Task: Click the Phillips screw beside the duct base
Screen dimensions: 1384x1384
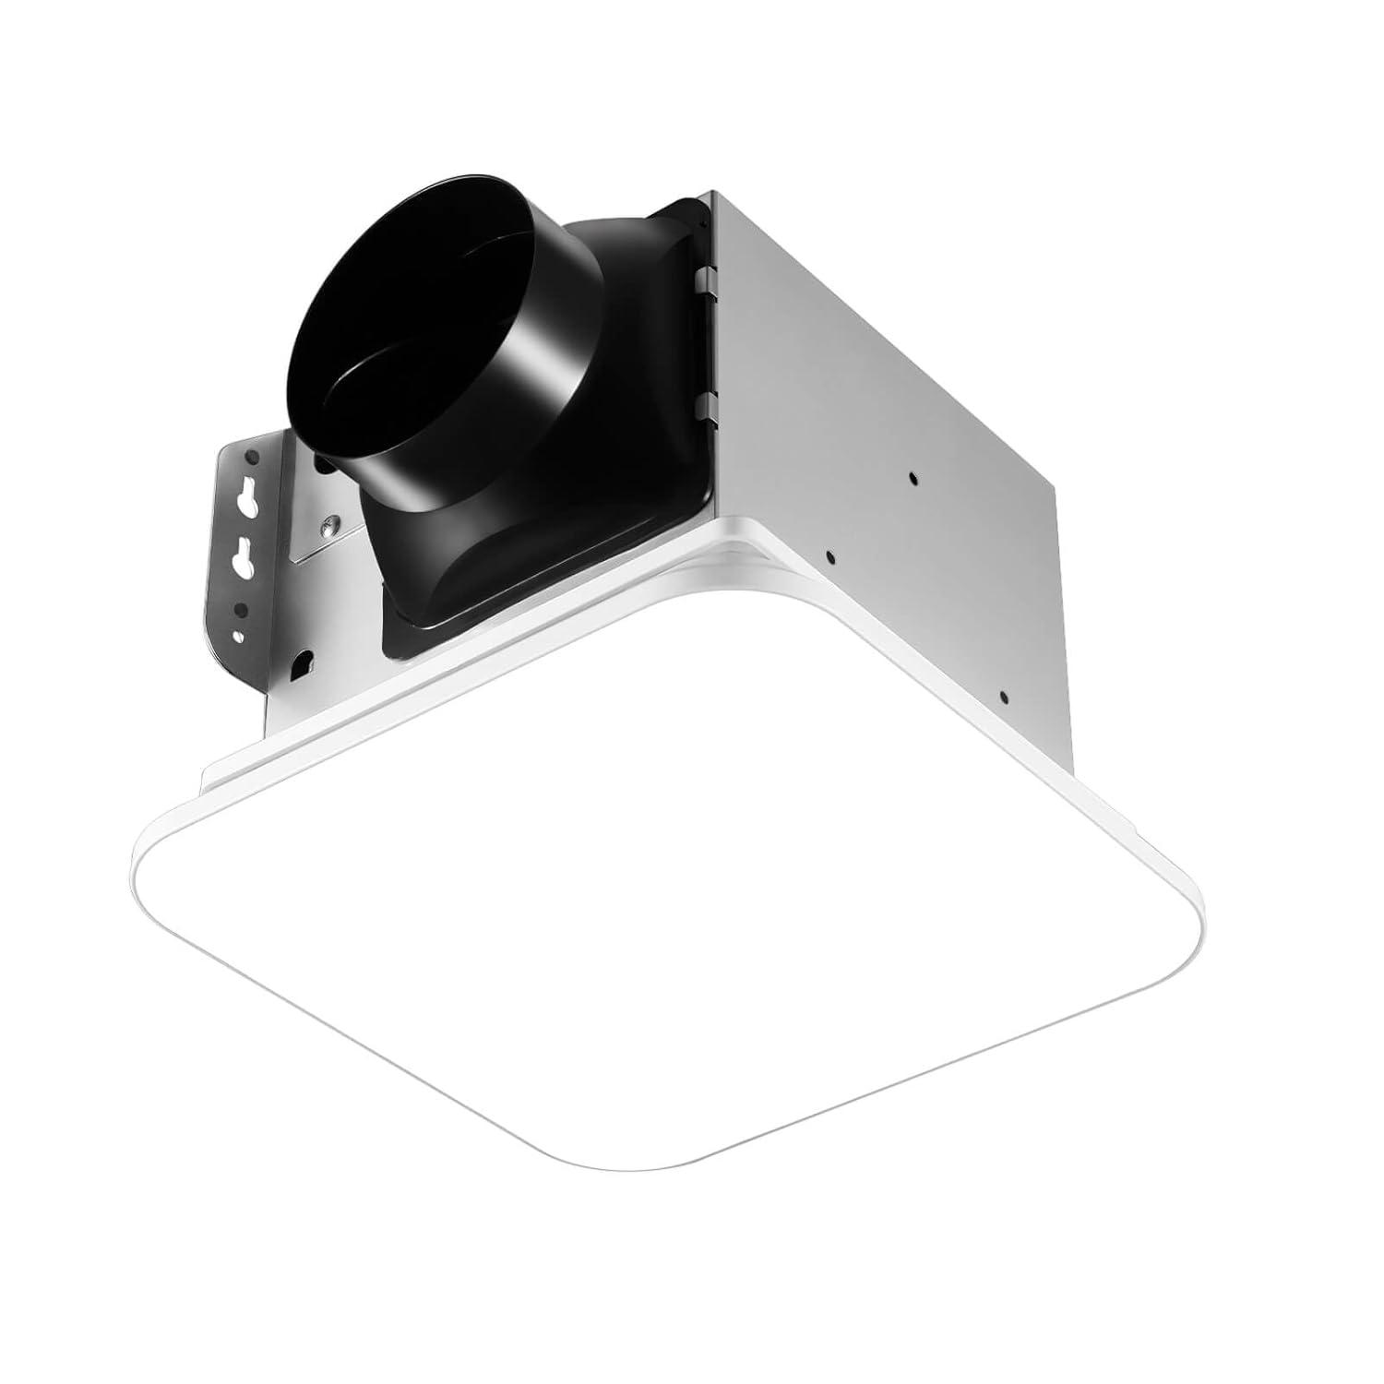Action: coord(329,526)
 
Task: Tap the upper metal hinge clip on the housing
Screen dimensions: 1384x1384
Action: coord(706,277)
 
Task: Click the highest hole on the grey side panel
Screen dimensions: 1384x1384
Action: coord(912,477)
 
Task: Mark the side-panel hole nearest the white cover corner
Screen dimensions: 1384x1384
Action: coord(829,556)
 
